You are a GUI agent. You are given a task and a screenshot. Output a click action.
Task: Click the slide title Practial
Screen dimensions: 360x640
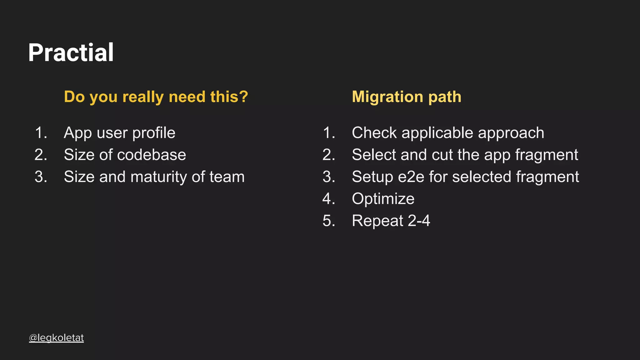(71, 52)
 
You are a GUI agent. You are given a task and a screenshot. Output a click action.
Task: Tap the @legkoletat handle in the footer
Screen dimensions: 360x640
(56, 338)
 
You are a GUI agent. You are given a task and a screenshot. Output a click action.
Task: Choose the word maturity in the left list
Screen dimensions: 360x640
(158, 177)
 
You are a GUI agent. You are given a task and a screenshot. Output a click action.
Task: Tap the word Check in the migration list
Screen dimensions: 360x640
(374, 133)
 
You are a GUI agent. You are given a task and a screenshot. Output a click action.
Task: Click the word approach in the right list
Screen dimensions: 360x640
(511, 133)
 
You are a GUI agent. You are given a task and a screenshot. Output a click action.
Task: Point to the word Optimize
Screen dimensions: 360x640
(383, 199)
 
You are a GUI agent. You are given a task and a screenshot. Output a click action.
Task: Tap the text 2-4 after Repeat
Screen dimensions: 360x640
(419, 221)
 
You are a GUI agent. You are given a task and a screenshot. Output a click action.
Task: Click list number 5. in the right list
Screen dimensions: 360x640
(329, 221)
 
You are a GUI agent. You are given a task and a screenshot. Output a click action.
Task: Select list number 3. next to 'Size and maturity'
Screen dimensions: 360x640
(41, 177)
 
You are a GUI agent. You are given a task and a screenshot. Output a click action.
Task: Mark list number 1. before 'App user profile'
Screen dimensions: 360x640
(41, 133)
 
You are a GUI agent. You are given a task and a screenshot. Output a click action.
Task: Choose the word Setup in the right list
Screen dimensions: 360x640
(372, 177)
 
